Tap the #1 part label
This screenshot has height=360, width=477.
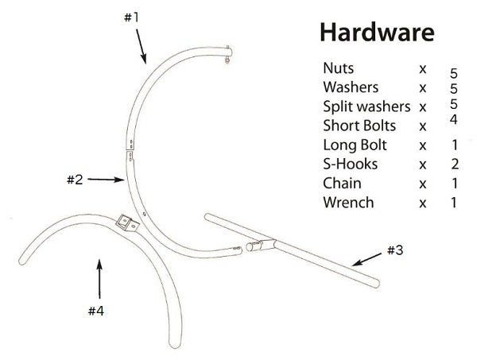tap(132, 17)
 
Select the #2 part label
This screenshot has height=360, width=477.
tap(73, 180)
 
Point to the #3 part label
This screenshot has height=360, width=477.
tap(396, 250)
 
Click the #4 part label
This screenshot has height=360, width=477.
tap(95, 311)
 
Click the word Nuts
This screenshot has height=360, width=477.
tap(339, 68)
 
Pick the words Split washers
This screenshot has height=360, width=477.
tap(366, 106)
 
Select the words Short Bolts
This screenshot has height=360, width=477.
tap(359, 126)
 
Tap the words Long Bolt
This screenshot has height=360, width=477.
tap(355, 145)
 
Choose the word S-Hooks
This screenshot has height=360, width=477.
tap(351, 164)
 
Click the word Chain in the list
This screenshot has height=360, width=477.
tap(343, 183)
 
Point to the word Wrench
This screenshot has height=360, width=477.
tap(347, 202)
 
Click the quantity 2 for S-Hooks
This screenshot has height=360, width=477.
tap(454, 165)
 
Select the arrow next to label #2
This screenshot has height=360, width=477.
tap(104, 180)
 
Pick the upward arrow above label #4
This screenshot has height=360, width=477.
tap(99, 277)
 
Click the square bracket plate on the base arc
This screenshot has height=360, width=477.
tap(125, 222)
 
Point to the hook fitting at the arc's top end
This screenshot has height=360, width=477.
tap(231, 53)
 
